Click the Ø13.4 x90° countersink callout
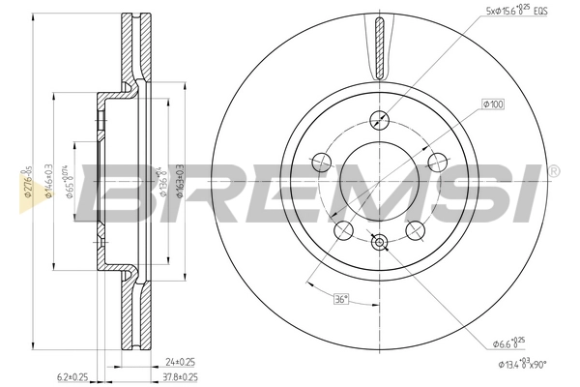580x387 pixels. [x=513, y=364]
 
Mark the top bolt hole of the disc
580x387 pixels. [x=379, y=120]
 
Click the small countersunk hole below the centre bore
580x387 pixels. [x=379, y=243]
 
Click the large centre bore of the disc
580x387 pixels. [x=379, y=183]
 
